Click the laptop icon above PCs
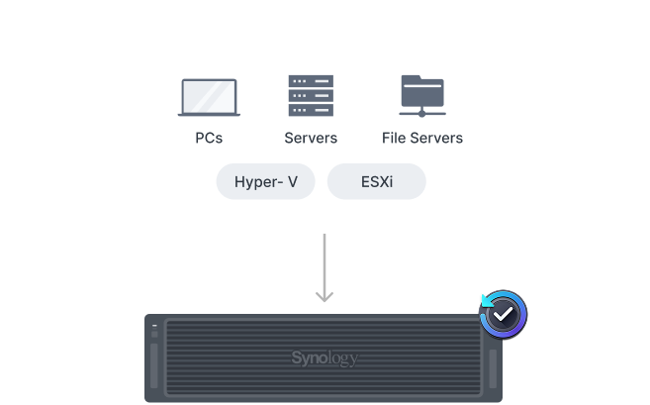pyautogui.click(x=209, y=97)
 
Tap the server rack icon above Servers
pyautogui.click(x=311, y=95)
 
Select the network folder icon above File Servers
pyautogui.click(x=422, y=96)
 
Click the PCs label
pyautogui.click(x=209, y=138)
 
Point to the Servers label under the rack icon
pyautogui.click(x=311, y=138)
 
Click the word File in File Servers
pyautogui.click(x=394, y=138)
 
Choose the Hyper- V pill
pyautogui.click(x=266, y=181)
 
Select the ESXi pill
pyautogui.click(x=377, y=181)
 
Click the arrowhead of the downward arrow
pyautogui.click(x=325, y=297)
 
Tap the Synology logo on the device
pyautogui.click(x=325, y=357)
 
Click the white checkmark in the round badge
pyautogui.click(x=503, y=314)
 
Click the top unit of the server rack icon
pyautogui.click(x=311, y=81)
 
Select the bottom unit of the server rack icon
pyautogui.click(x=311, y=110)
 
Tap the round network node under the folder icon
pyautogui.click(x=422, y=113)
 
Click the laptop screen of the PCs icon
pyautogui.click(x=209, y=96)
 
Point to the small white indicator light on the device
pyautogui.click(x=154, y=326)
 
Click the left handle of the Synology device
pyautogui.click(x=154, y=366)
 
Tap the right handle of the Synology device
pyautogui.click(x=493, y=369)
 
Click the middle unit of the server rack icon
pyautogui.click(x=311, y=96)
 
